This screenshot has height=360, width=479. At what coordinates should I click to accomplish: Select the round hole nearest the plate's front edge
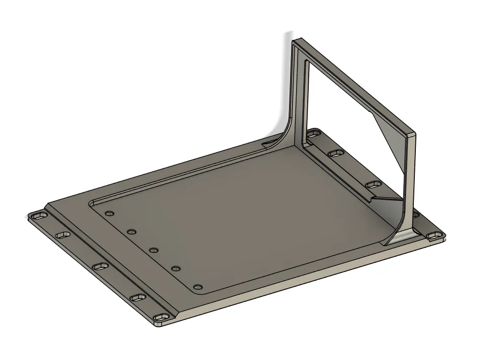[198, 287]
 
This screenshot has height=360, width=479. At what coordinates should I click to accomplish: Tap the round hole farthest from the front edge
[108, 213]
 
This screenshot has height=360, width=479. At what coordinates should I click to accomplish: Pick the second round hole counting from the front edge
[176, 268]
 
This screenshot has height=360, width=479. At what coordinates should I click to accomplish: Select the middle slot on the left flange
[100, 266]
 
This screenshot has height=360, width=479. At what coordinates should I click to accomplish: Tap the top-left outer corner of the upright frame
[293, 40]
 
